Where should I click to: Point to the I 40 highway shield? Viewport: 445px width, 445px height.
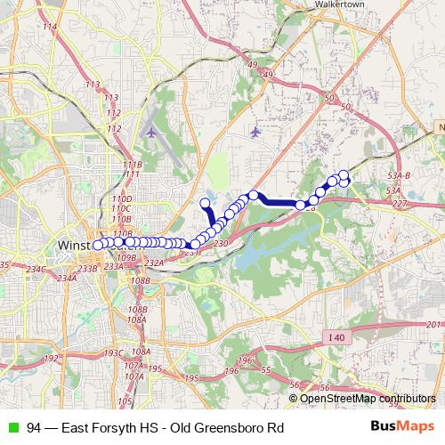pos(335,336)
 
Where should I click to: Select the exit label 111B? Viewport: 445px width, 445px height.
pos(132,165)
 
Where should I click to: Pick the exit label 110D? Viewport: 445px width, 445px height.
pos(122,198)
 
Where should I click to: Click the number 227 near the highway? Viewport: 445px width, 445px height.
pos(399,204)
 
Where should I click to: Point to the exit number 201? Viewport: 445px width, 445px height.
pos(434,325)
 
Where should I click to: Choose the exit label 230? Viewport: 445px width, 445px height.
pos(222,243)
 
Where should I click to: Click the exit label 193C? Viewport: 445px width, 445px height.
pos(113,352)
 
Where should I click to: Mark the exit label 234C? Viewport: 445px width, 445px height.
pos(36,269)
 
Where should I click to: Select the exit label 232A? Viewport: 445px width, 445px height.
pos(154,263)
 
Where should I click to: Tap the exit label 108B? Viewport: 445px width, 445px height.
pos(140,280)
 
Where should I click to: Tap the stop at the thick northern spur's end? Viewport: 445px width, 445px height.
pos(206,203)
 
